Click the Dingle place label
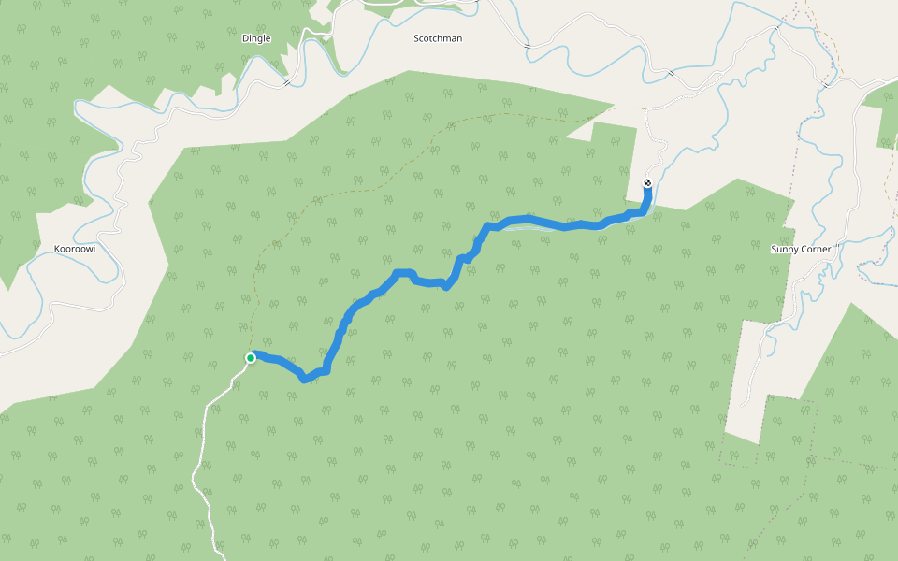[x=255, y=38]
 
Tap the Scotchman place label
[x=438, y=38]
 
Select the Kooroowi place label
[x=75, y=250]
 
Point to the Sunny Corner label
[x=801, y=250]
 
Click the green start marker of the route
[x=251, y=358]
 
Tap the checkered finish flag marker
[x=647, y=182]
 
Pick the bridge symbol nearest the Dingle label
[x=286, y=82]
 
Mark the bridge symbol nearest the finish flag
[x=670, y=71]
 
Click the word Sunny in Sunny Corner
[x=785, y=250]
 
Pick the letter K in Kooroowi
[x=58, y=250]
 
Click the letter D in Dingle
[x=243, y=38]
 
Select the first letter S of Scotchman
[x=417, y=38]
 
